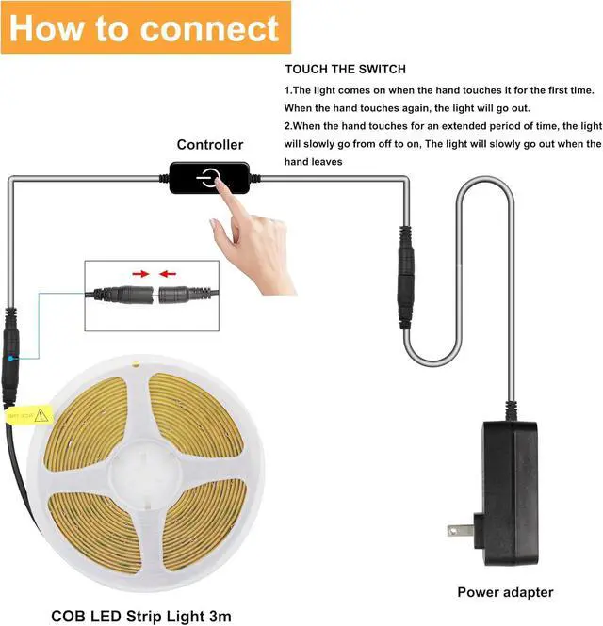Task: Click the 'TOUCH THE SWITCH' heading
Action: (345, 70)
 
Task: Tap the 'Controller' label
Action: (210, 144)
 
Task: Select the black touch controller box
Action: (214, 178)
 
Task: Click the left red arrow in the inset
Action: (141, 274)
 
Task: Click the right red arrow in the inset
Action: (167, 274)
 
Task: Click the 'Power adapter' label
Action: (505, 592)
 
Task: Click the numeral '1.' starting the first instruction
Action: (288, 90)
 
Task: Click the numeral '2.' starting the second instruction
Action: (288, 126)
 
